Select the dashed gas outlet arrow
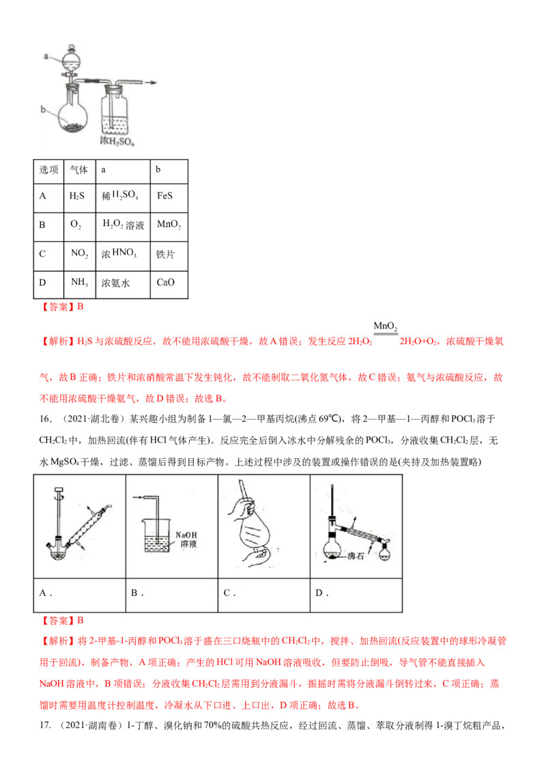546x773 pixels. (x=151, y=83)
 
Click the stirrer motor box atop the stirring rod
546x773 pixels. (x=58, y=489)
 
